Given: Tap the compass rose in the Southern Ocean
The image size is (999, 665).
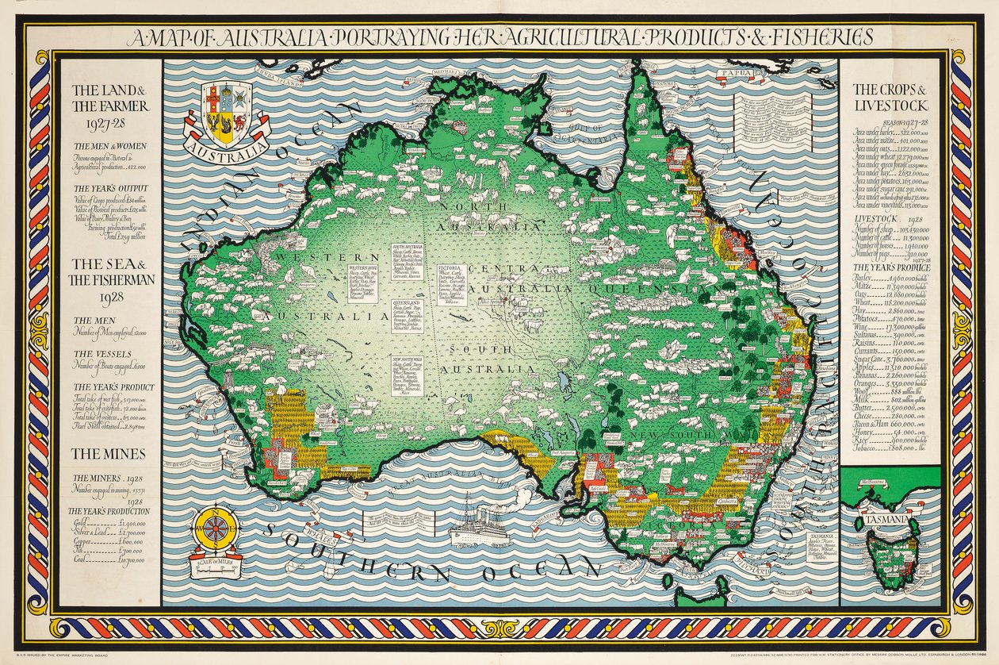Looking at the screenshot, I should click(216, 528).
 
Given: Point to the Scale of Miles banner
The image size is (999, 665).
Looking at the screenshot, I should click(216, 564).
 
